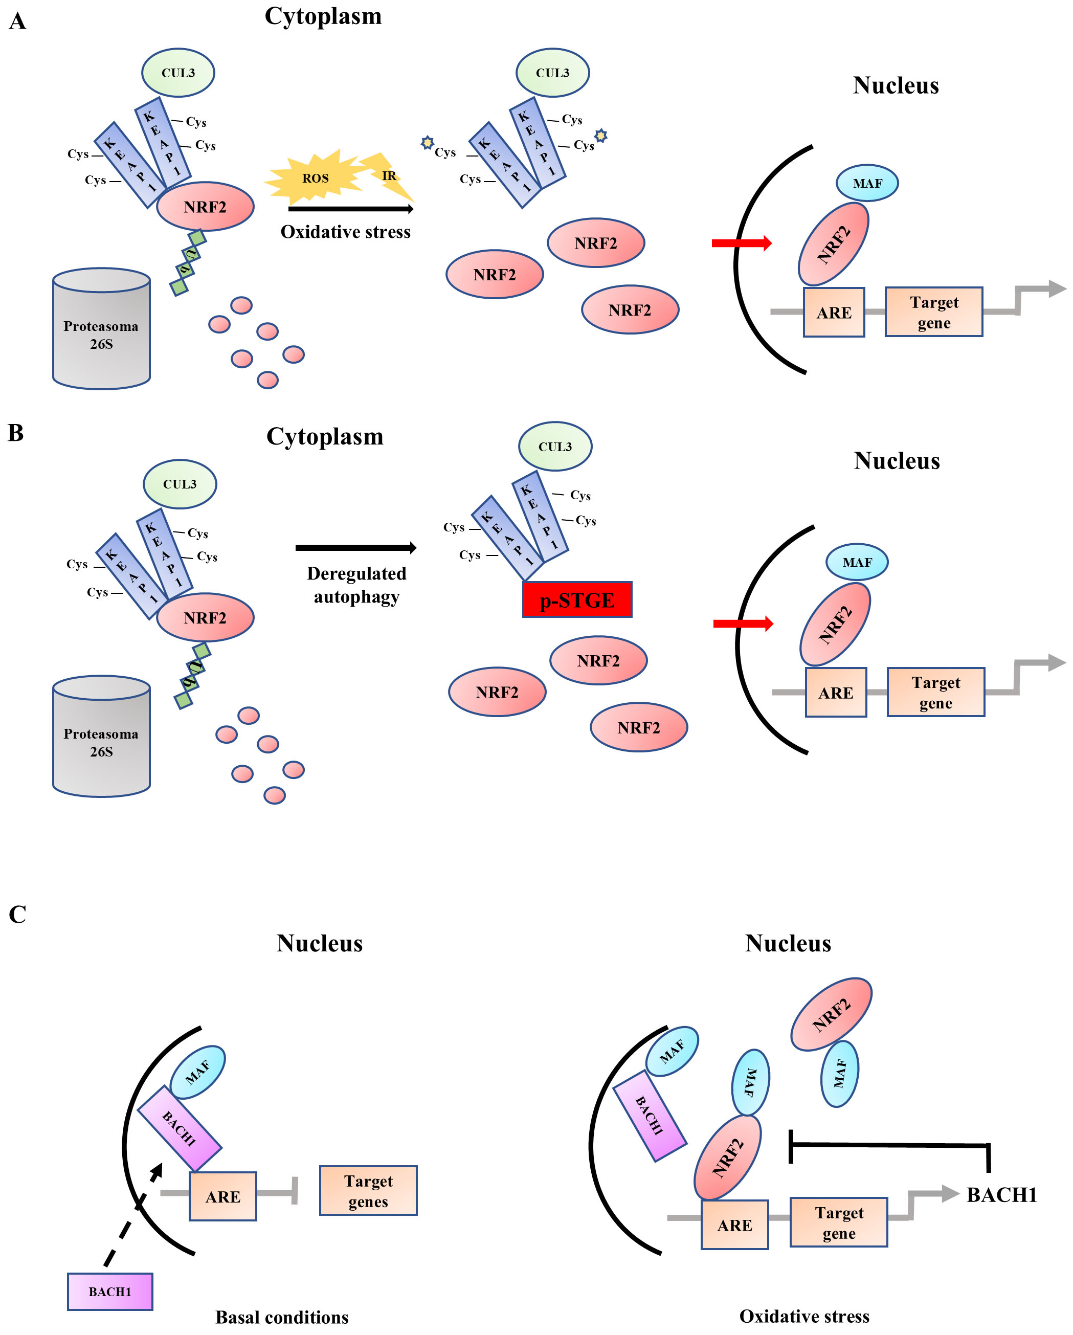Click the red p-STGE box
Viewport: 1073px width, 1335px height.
[577, 599]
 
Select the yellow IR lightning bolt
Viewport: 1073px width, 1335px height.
[388, 175]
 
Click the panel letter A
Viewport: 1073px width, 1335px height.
[17, 21]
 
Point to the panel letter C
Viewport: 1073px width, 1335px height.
[17, 914]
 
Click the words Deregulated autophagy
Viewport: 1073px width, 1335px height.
[356, 585]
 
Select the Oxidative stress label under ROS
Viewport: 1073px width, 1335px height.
[346, 232]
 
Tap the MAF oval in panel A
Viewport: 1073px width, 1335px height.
[867, 183]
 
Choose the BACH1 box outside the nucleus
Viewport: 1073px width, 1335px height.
[109, 1291]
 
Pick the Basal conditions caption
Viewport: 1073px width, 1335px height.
[282, 1317]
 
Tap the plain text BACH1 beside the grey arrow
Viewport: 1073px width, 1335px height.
[1001, 1194]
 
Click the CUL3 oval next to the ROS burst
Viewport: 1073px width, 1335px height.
[552, 73]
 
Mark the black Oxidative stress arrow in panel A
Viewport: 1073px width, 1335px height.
[350, 209]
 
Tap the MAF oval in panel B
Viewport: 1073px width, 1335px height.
[857, 562]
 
